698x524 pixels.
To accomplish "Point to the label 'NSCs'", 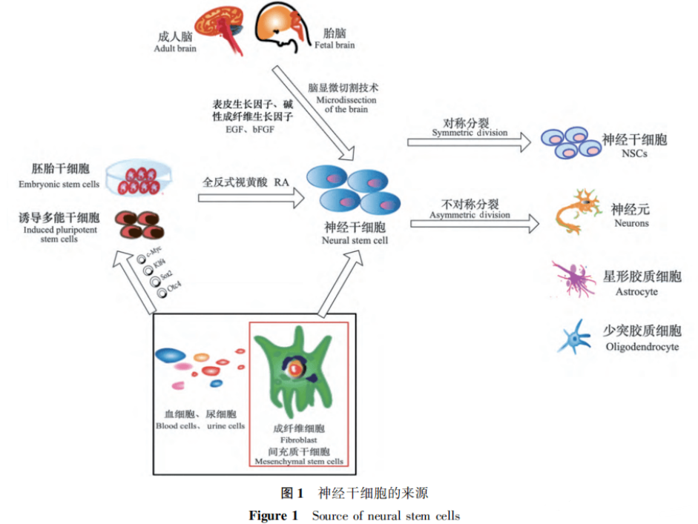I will (x=636, y=154).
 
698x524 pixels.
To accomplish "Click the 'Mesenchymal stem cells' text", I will (x=300, y=461).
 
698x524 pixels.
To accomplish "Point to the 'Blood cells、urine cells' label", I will (x=200, y=426).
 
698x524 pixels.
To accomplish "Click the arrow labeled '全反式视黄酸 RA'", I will (x=252, y=196).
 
